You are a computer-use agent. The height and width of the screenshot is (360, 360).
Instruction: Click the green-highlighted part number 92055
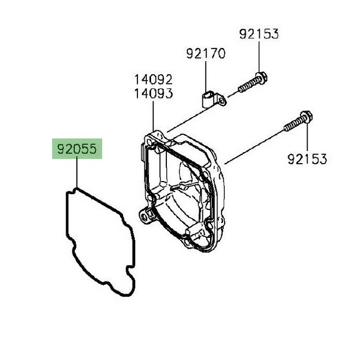pyautogui.click(x=76, y=148)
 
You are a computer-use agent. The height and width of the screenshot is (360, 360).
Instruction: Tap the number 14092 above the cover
pyautogui.click(x=154, y=80)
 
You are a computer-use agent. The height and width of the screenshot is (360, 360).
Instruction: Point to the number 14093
pyautogui.click(x=154, y=93)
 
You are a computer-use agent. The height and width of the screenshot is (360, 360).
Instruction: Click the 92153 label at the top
pyautogui.click(x=259, y=34)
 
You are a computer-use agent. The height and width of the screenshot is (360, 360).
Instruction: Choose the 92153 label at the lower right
pyautogui.click(x=307, y=159)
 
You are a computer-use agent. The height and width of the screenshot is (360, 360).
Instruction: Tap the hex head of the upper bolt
pyautogui.click(x=261, y=77)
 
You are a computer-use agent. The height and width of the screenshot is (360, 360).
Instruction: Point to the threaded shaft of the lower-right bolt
pyautogui.click(x=291, y=124)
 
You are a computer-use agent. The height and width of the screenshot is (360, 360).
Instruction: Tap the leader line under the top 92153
pyautogui.click(x=259, y=57)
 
